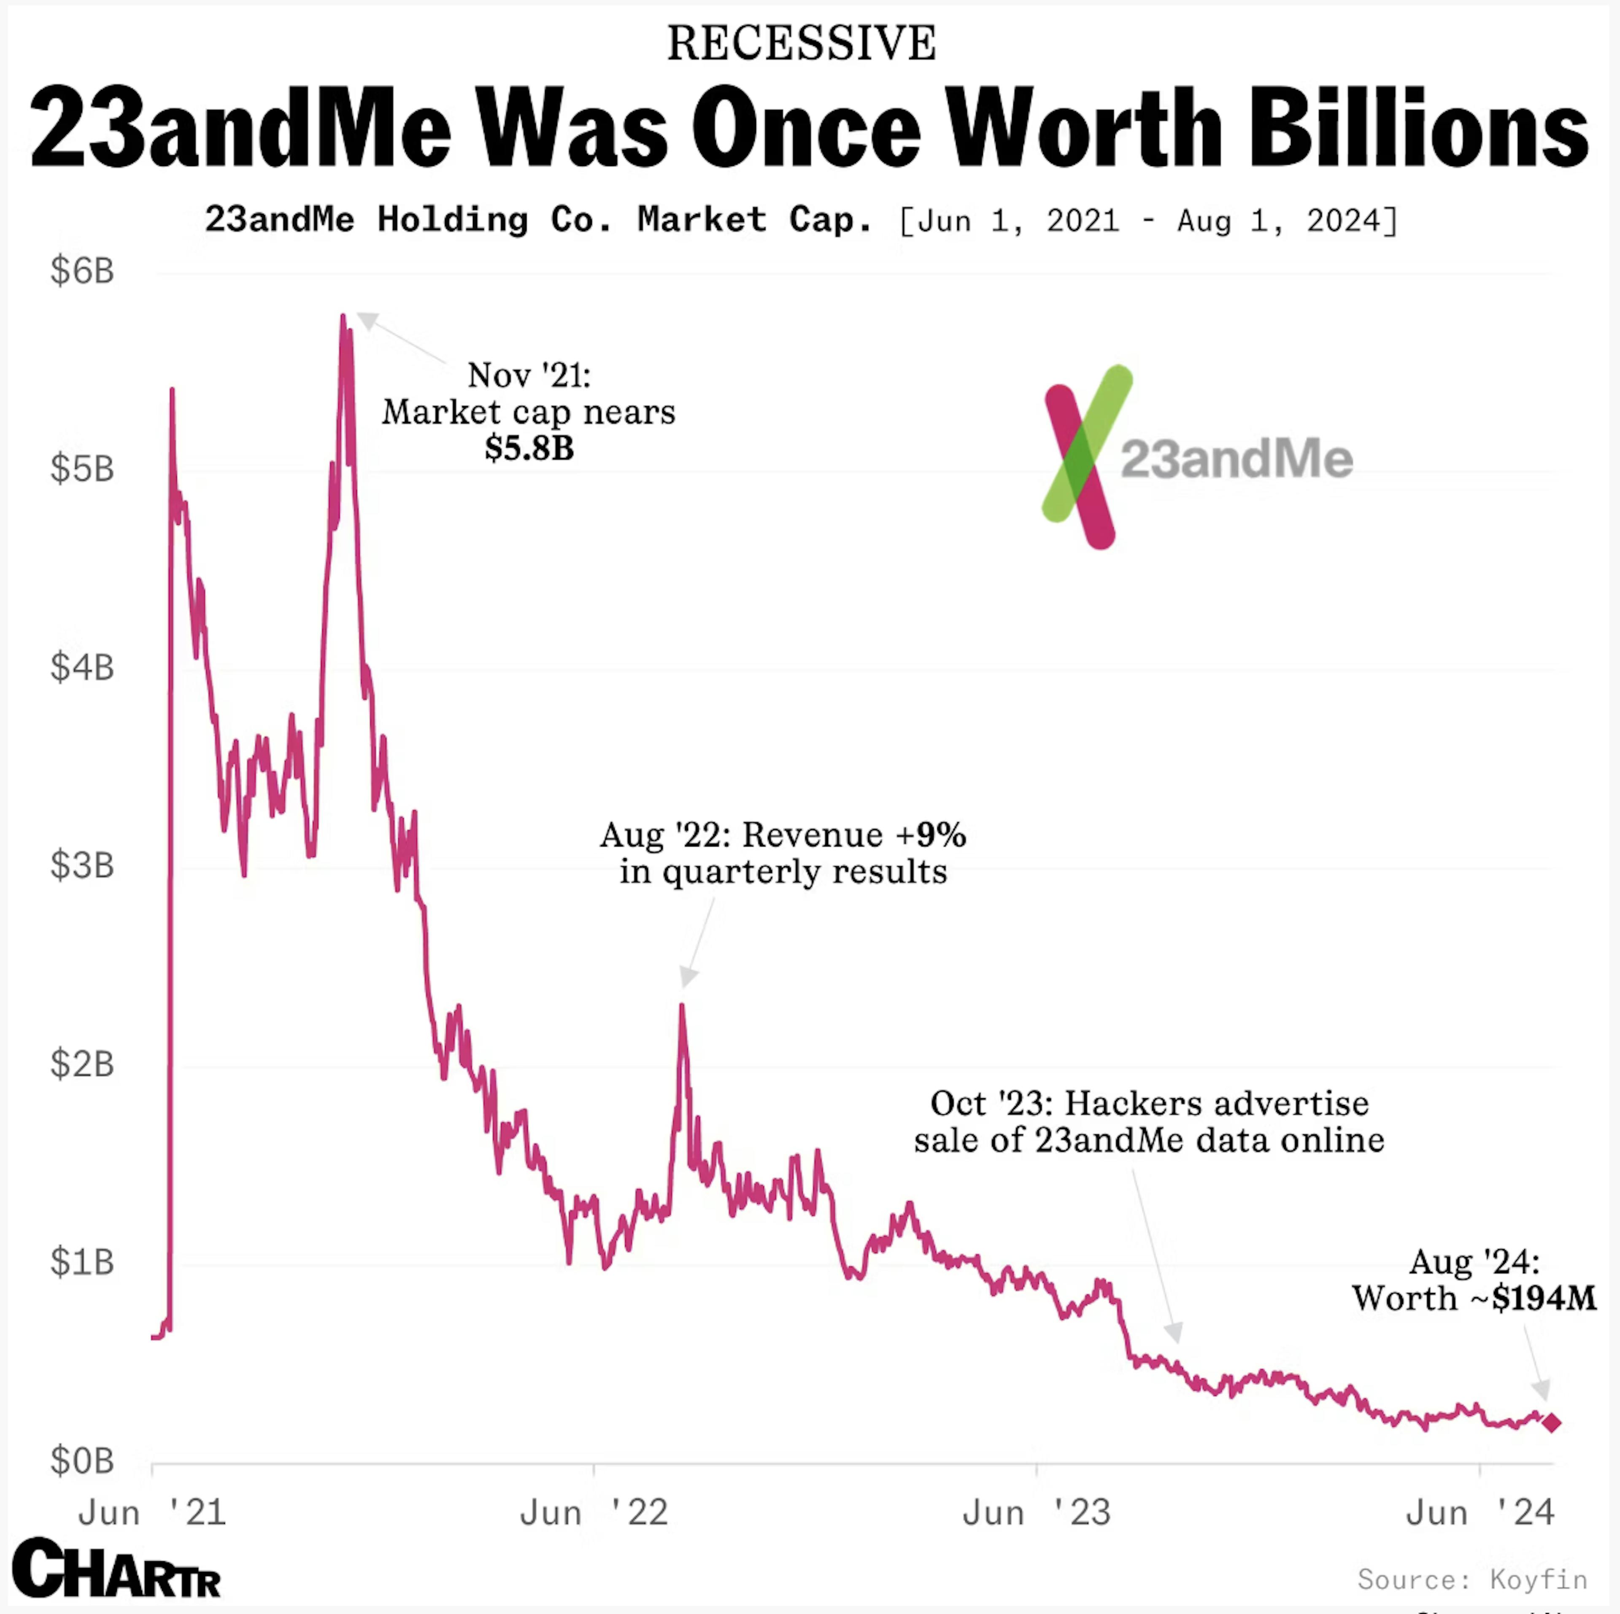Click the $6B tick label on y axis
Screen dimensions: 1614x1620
(81, 271)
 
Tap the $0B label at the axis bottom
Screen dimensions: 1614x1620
(81, 1460)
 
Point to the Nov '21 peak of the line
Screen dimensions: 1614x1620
(343, 317)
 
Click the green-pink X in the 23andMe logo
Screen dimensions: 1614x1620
(1087, 457)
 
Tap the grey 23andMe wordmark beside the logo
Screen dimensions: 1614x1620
(1236, 459)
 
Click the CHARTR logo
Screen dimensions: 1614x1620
(116, 1569)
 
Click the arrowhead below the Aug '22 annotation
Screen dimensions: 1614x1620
(688, 977)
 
